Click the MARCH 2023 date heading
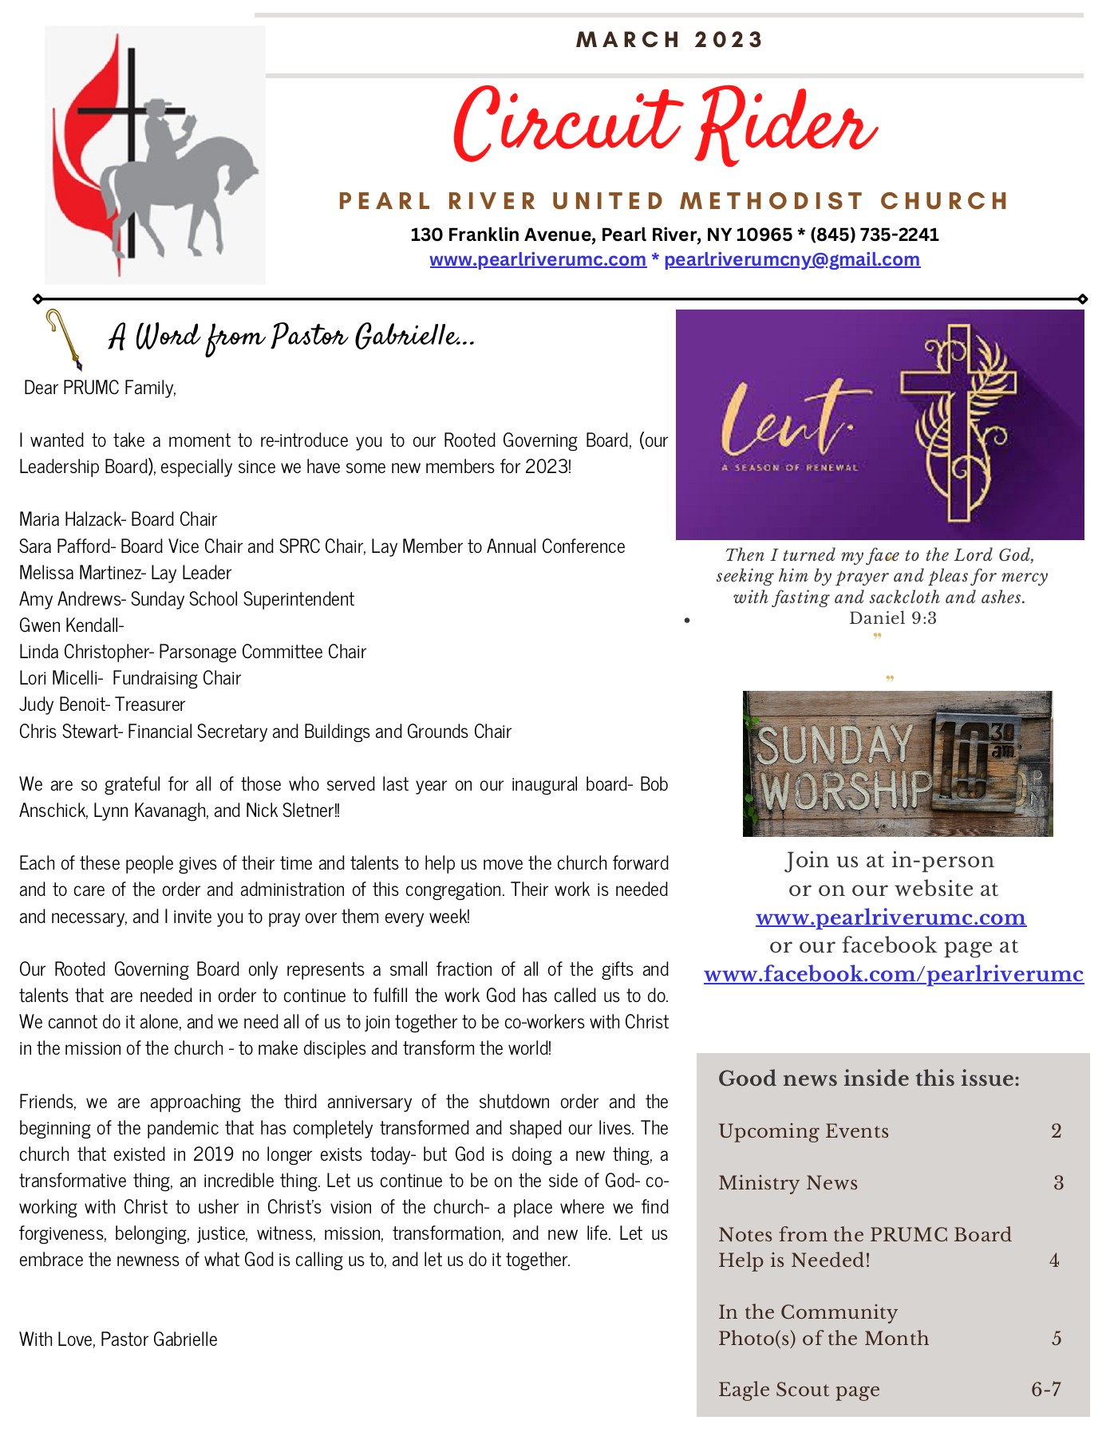click(670, 40)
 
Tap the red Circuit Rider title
click(665, 126)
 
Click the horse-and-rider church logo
click(156, 156)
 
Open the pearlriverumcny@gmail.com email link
click(792, 260)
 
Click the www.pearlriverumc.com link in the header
click(538, 260)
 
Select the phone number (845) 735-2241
click(875, 235)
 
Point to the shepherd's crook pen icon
click(64, 338)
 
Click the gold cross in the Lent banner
click(958, 423)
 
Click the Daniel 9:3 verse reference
click(892, 618)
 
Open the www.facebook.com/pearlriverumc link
click(893, 974)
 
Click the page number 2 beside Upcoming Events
click(1056, 1131)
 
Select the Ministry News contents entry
click(788, 1183)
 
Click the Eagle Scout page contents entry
click(798, 1390)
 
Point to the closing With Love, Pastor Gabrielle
click(118, 1339)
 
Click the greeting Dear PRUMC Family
click(100, 388)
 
